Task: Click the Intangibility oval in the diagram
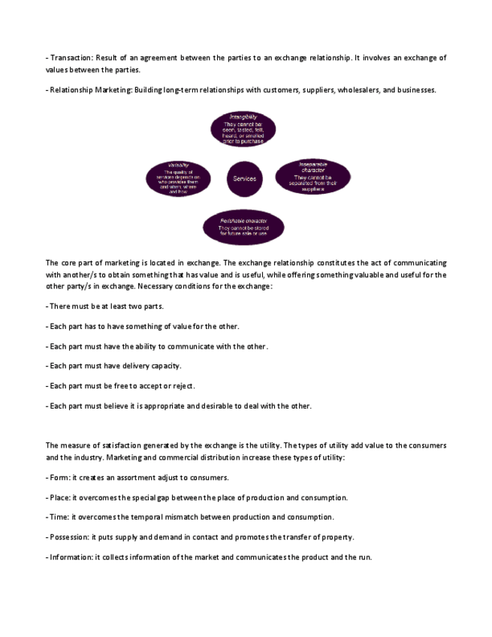pyautogui.click(x=243, y=129)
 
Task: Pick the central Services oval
pyautogui.click(x=245, y=179)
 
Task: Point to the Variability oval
pyautogui.click(x=178, y=179)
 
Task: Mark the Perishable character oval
pyautogui.click(x=243, y=228)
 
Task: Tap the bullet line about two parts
pyautogui.click(x=105, y=306)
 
